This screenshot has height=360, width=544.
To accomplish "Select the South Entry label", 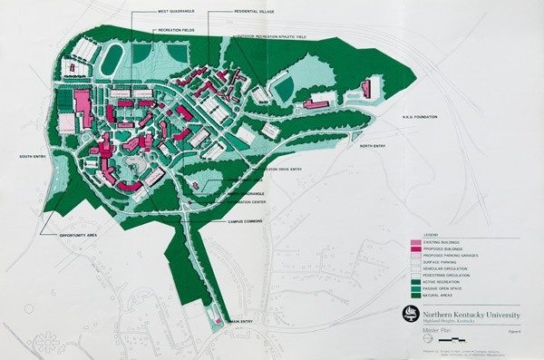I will [33, 156].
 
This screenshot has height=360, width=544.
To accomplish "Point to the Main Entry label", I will [243, 320].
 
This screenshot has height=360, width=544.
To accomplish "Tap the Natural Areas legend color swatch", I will [416, 295].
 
